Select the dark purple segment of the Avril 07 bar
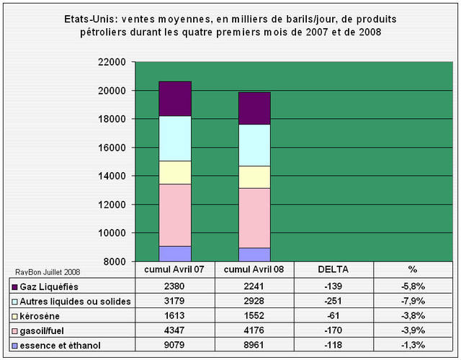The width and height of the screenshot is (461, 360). click(174, 99)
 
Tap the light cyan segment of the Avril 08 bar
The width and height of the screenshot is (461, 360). click(254, 145)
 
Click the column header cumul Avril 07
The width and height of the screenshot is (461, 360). click(174, 270)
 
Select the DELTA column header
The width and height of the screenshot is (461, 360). click(334, 270)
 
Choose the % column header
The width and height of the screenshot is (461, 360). click(413, 270)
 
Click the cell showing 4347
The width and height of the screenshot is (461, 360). click(174, 331)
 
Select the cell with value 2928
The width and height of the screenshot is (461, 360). click(254, 301)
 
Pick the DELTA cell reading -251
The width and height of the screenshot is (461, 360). click(334, 301)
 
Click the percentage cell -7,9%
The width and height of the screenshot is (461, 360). click(413, 301)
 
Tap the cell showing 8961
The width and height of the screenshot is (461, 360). click(254, 346)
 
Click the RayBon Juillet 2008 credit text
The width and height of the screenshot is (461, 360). click(48, 271)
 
